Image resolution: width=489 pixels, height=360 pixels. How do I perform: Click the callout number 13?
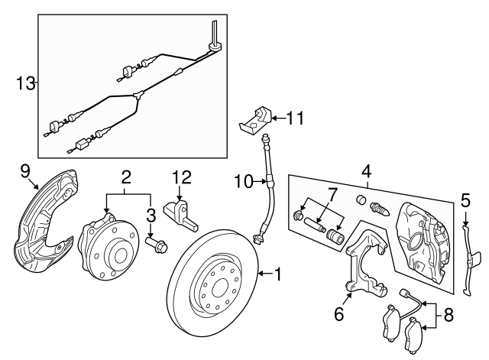pyautogui.click(x=25, y=83)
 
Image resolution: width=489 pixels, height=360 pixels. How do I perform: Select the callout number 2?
pyautogui.click(x=127, y=177)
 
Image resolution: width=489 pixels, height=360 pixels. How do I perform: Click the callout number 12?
pyautogui.click(x=181, y=177)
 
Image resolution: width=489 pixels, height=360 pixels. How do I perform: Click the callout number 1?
pyautogui.click(x=277, y=273)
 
